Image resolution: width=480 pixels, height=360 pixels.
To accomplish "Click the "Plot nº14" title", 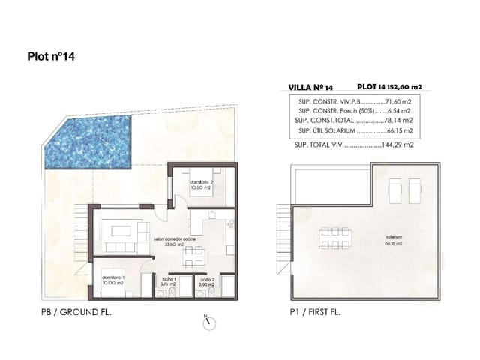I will (51, 55).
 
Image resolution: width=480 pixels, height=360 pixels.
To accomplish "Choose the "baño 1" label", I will (168, 280).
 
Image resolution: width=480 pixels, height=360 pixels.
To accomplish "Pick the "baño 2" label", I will (207, 280).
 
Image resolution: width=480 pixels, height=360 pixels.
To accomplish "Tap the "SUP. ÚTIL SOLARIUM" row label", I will (325, 130).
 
